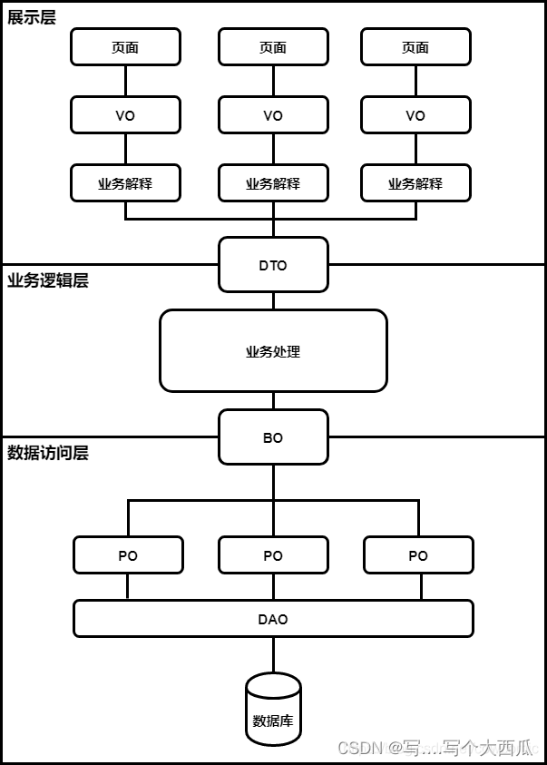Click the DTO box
tap(273, 265)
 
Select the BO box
tap(273, 437)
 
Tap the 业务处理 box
tap(273, 351)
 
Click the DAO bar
tap(273, 619)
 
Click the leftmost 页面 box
tap(125, 47)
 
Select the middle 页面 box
tap(273, 47)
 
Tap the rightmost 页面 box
tap(415, 47)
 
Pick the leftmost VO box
tap(125, 115)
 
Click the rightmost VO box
tap(415, 115)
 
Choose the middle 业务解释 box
tap(273, 183)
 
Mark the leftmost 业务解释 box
tap(125, 183)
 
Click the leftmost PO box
tap(128, 555)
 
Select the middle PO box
tap(273, 555)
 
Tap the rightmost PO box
tap(418, 555)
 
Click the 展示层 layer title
tap(32, 17)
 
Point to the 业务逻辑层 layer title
tap(48, 280)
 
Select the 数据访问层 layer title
tap(48, 453)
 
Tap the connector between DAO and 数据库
tap(273, 654)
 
